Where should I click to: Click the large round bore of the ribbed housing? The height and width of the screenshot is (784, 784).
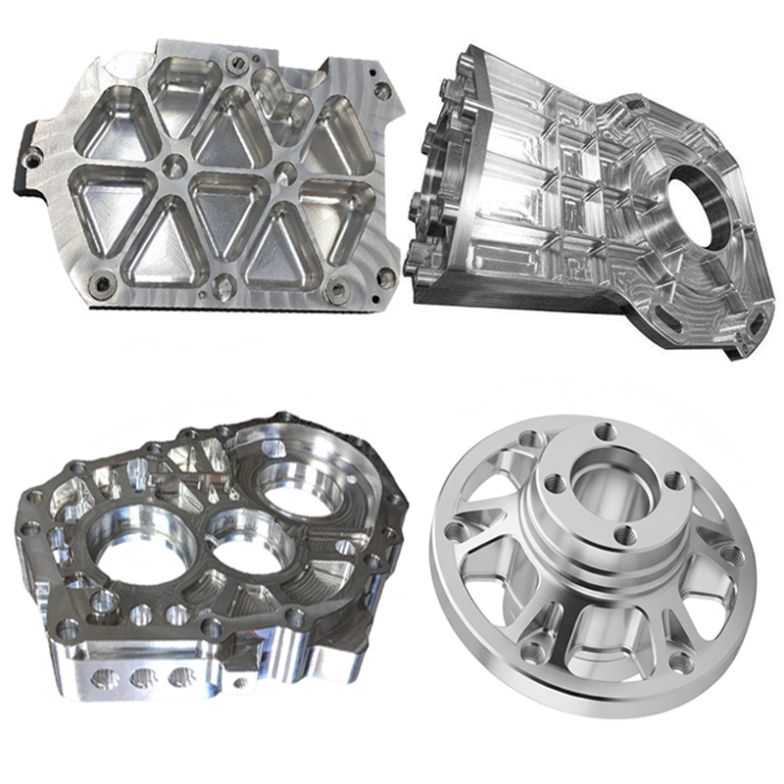pyautogui.click(x=697, y=196)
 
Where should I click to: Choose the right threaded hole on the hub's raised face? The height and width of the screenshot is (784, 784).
pyautogui.click(x=674, y=480)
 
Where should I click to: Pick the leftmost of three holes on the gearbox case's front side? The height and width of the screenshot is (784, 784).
pyautogui.click(x=103, y=677)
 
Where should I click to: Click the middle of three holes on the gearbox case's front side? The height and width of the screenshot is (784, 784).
pyautogui.click(x=143, y=677)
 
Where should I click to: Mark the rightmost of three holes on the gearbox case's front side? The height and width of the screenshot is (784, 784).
pyautogui.click(x=181, y=676)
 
